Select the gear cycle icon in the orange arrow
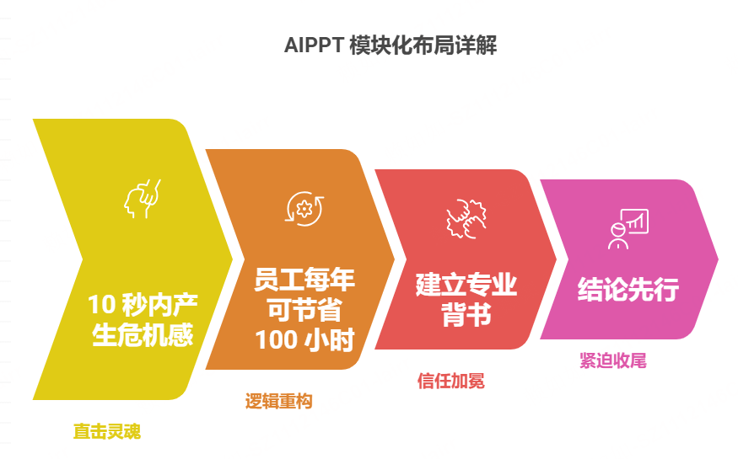click(x=301, y=208)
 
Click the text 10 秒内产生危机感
click(x=143, y=320)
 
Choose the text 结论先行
click(x=628, y=291)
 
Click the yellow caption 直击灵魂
click(x=106, y=432)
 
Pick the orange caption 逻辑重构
click(x=279, y=402)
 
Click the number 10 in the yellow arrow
click(x=100, y=305)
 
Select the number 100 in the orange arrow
click(x=276, y=339)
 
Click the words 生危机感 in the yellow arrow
click(x=143, y=335)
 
